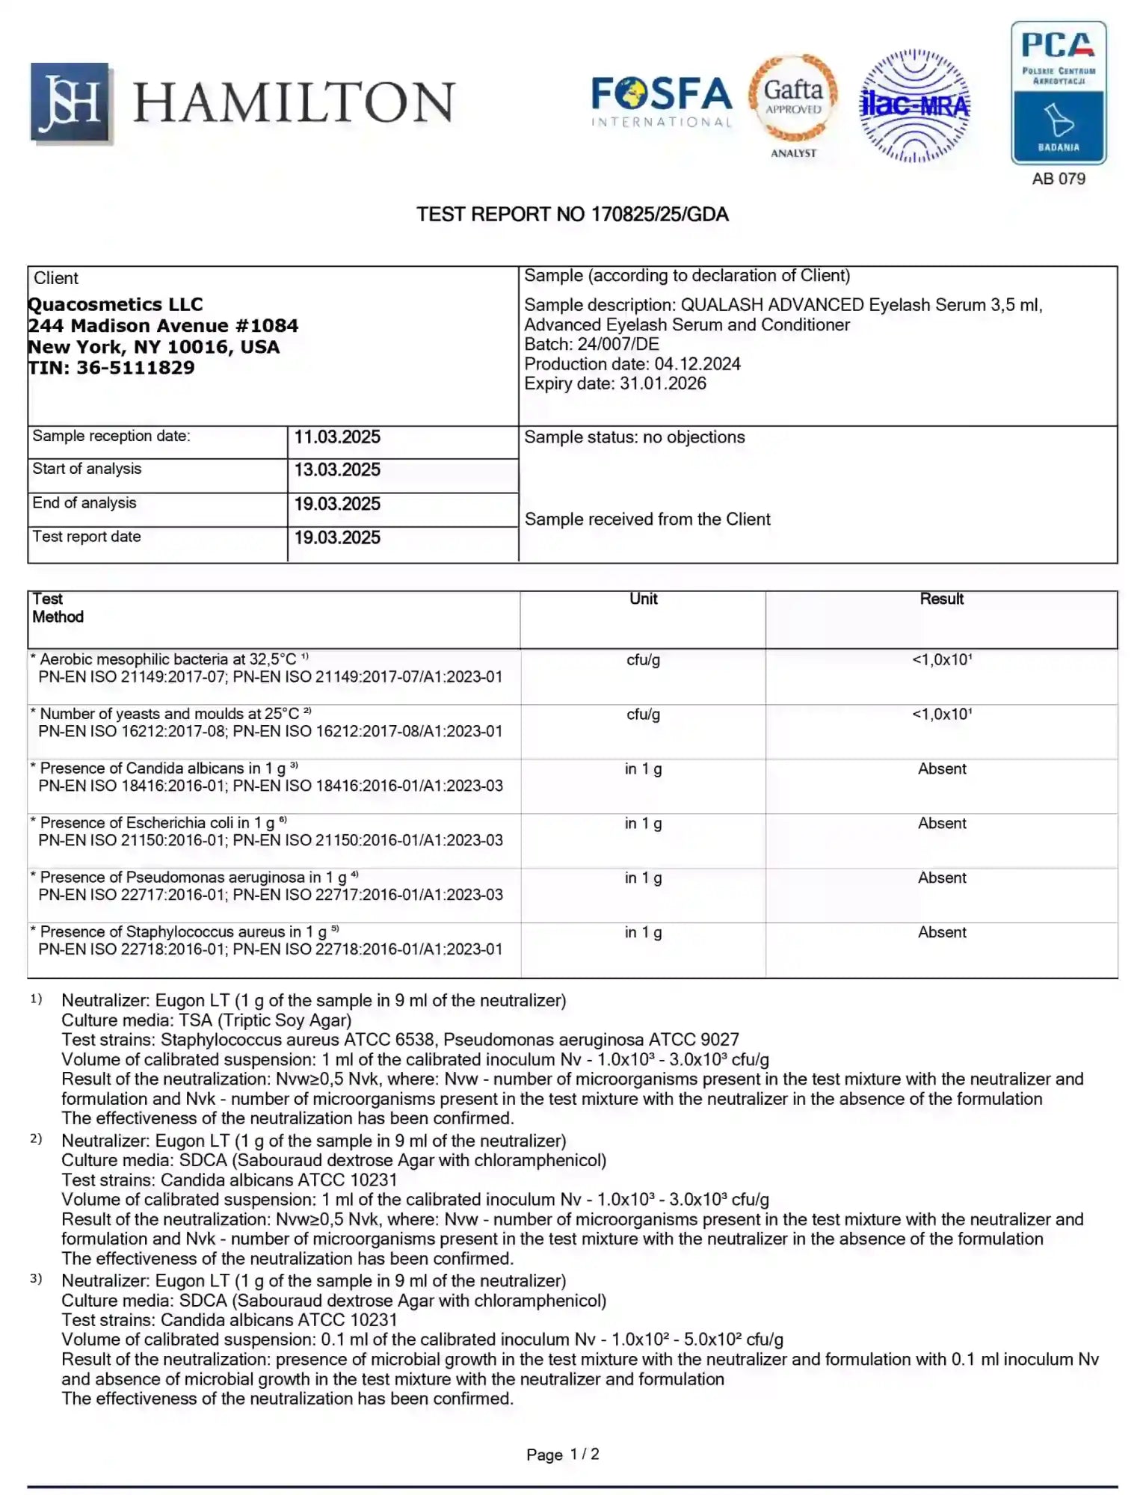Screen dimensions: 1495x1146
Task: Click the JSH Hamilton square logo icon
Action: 70,102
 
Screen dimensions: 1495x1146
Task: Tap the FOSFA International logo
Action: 661,102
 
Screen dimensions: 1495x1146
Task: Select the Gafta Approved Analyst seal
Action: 793,105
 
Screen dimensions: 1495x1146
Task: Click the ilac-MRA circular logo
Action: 914,105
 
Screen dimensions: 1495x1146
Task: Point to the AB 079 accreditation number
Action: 1058,179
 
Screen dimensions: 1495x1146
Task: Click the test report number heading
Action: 572,215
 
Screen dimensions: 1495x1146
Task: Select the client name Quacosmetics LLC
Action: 115,304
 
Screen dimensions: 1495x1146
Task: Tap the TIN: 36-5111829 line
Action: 111,368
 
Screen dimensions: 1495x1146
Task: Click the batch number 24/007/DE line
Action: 591,344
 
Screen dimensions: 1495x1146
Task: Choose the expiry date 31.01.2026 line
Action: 614,383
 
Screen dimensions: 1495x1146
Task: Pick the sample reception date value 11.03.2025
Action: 336,437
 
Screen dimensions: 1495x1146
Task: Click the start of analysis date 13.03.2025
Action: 336,470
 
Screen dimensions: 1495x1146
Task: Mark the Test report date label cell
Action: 87,537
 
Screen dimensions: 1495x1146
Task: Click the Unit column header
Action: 643,599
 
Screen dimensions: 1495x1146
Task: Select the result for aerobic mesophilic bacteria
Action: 941,659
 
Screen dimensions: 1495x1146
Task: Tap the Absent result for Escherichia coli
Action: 941,823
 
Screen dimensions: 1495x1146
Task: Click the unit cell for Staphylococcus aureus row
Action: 643,932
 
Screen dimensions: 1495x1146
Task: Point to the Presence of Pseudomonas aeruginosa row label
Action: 193,877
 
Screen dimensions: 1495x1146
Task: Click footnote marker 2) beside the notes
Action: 36,1139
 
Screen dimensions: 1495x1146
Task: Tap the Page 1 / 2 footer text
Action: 562,1454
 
